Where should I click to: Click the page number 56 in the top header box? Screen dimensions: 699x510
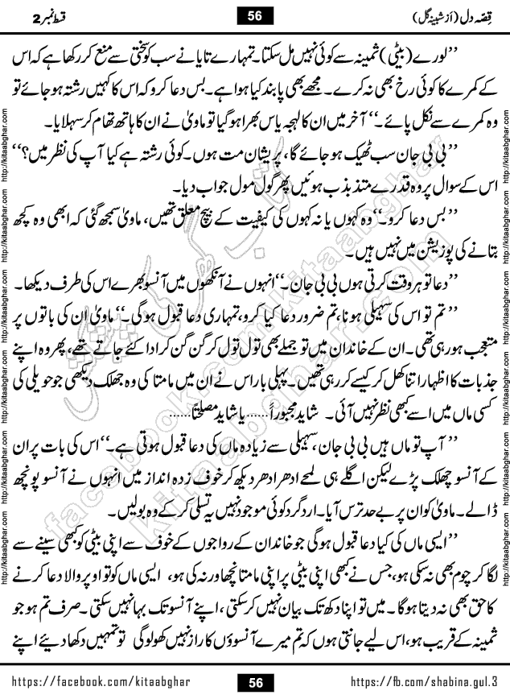pos(256,15)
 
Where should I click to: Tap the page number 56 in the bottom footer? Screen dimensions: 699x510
pos(256,683)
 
